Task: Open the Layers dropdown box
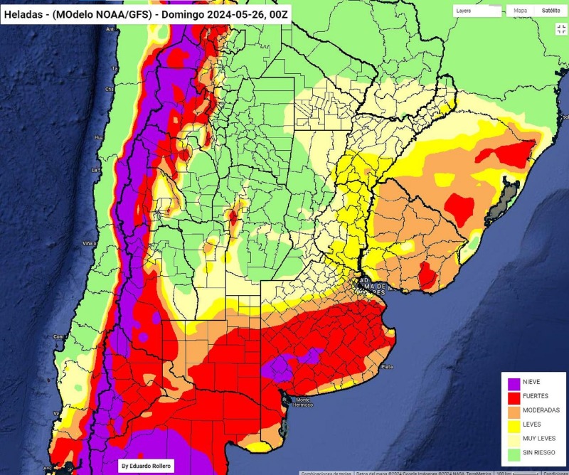tap(477, 11)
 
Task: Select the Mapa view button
tap(521, 11)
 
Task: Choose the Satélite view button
tap(551, 11)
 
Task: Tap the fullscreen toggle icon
tap(560, 28)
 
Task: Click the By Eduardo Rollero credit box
tap(147, 465)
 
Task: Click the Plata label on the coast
tap(387, 367)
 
